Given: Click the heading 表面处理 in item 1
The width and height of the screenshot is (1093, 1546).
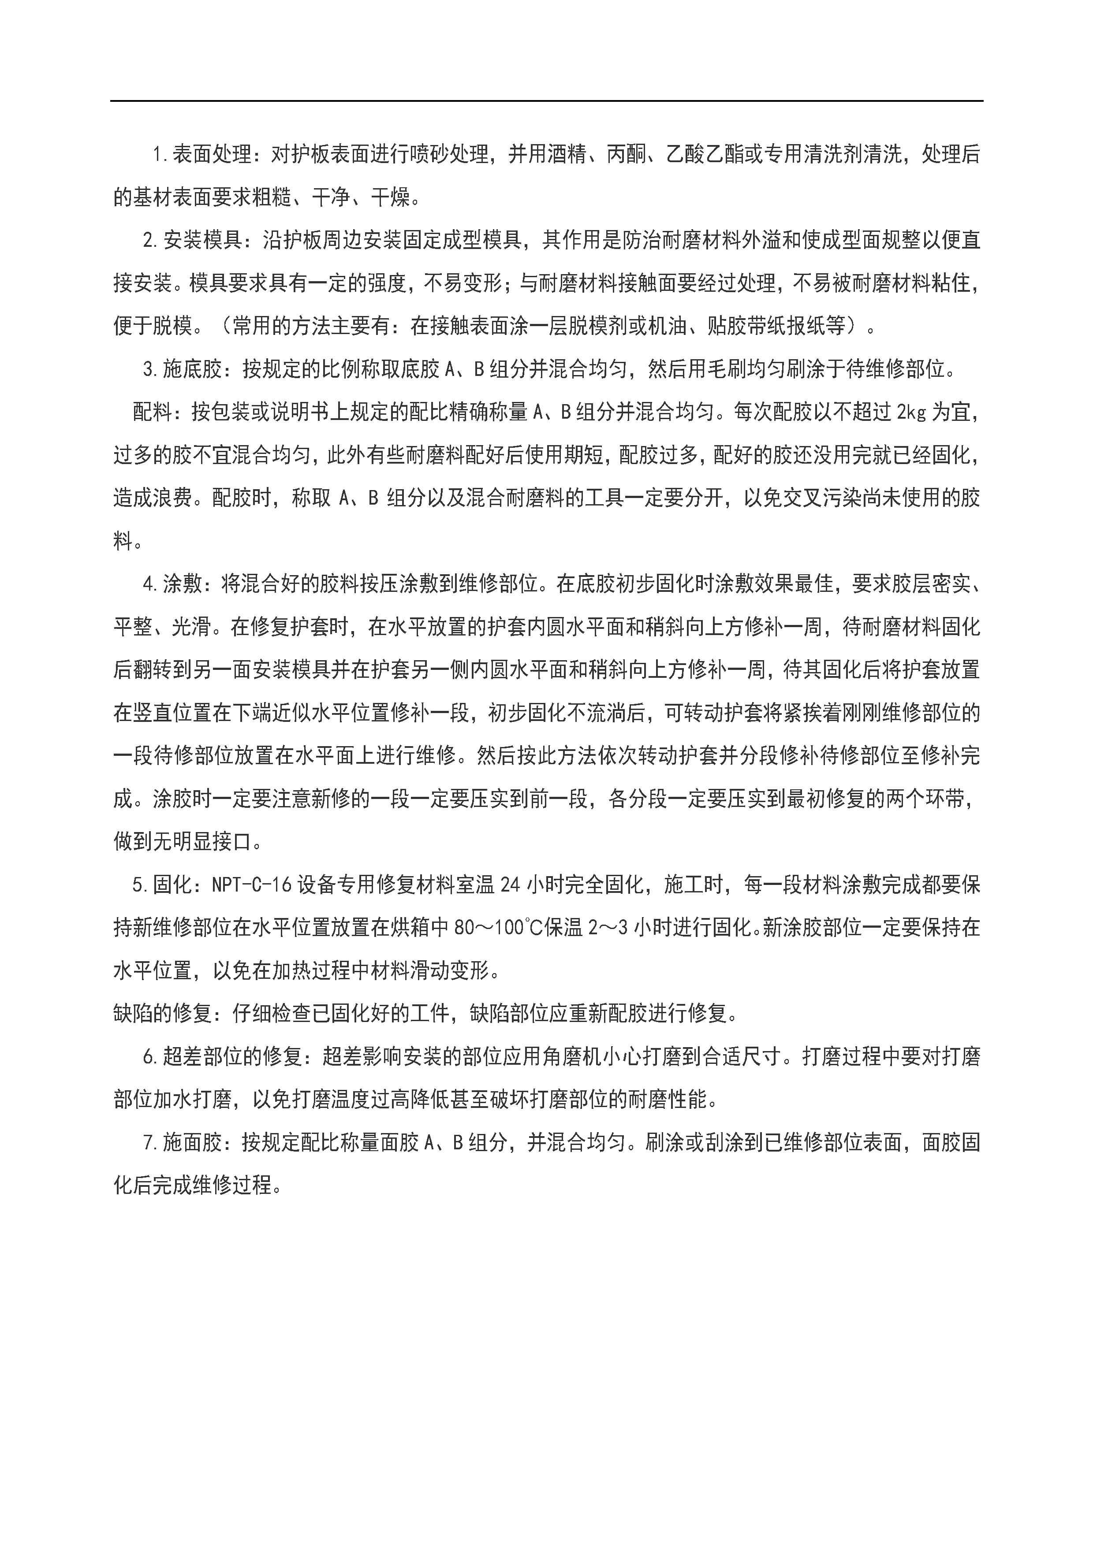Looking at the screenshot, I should (212, 155).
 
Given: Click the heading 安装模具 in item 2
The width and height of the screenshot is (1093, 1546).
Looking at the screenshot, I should (202, 240).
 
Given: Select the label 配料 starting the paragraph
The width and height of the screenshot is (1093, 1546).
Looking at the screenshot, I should (152, 412).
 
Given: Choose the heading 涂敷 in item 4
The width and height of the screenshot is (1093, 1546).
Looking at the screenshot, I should (183, 584).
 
